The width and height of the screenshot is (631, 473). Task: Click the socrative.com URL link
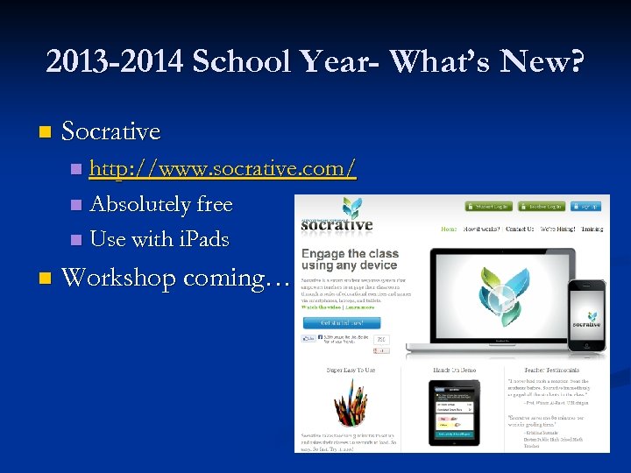(x=223, y=168)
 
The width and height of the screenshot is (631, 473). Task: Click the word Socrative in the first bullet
(x=111, y=132)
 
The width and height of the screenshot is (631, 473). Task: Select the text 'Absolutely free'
(x=161, y=204)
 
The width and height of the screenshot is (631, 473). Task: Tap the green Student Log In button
(x=489, y=208)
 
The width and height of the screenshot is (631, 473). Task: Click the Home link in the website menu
(x=448, y=229)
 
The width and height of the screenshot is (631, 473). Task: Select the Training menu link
(x=592, y=229)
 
